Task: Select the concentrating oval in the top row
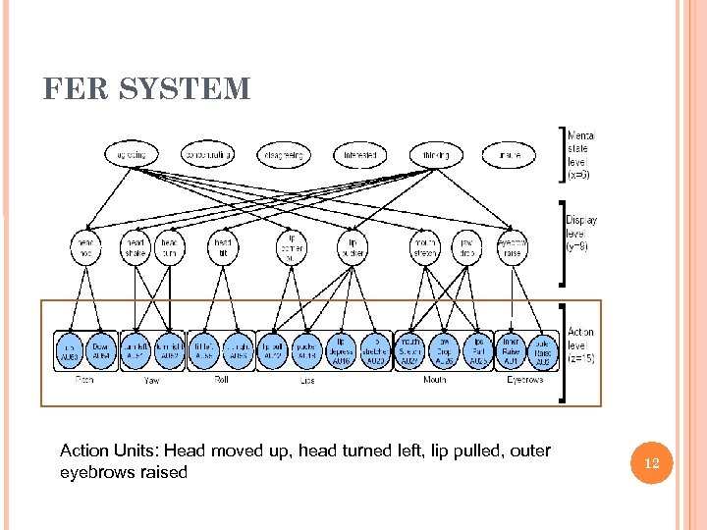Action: [207, 154]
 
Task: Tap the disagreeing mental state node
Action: [285, 154]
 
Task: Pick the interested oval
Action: [360, 154]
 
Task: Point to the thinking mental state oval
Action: [436, 154]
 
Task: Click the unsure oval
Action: [510, 154]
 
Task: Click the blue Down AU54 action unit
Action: [101, 350]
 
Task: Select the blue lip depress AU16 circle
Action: [341, 350]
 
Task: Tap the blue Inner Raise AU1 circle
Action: [511, 350]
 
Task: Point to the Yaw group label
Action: [152, 379]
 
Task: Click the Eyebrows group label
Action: [524, 379]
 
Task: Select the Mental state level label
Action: [580, 154]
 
